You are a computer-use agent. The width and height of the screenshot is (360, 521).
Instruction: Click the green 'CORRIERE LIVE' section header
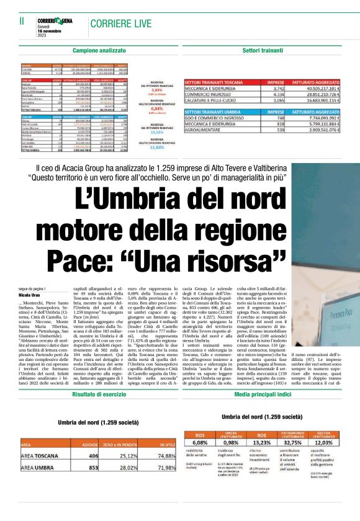click(x=120, y=24)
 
